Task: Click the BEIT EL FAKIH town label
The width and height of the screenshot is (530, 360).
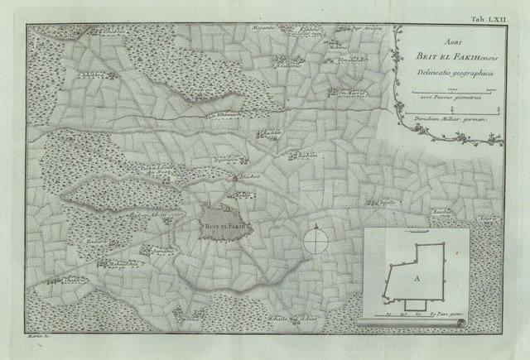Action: pos(219,223)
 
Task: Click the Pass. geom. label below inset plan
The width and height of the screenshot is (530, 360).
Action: pos(456,315)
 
